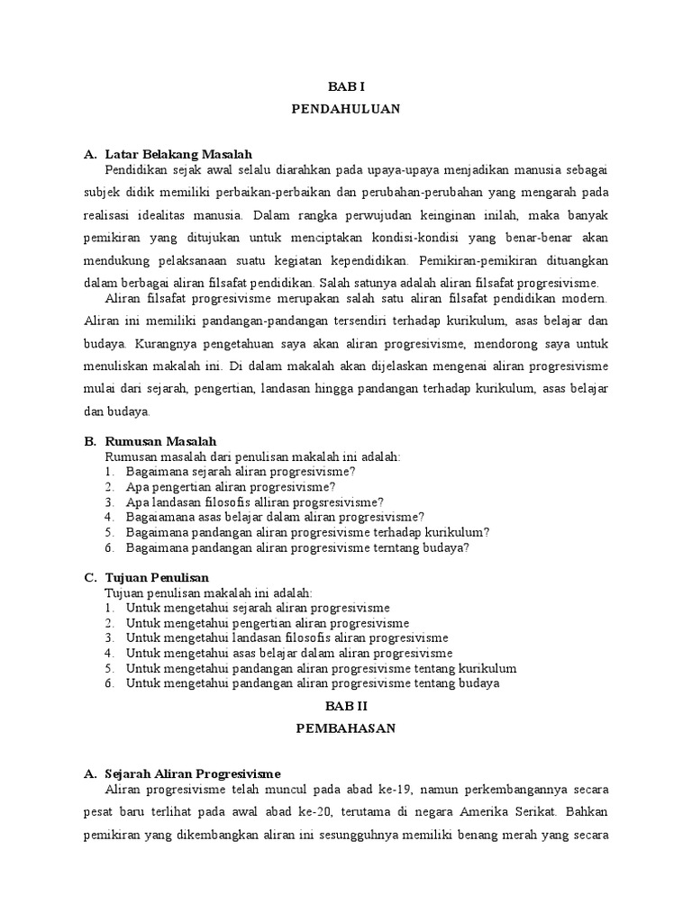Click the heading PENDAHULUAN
click(x=346, y=109)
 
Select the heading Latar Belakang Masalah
click(x=178, y=155)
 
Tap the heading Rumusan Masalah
click(x=160, y=441)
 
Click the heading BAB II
click(x=346, y=709)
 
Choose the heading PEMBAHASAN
click(x=346, y=729)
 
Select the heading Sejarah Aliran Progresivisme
click(x=193, y=773)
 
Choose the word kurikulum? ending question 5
click(x=454, y=532)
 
